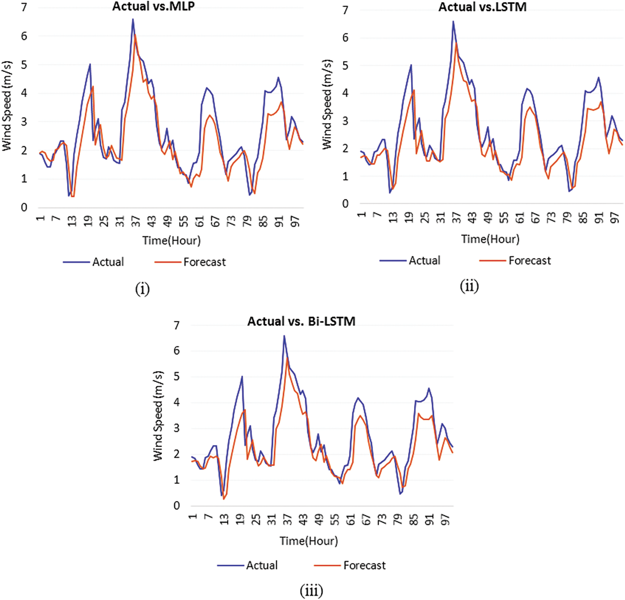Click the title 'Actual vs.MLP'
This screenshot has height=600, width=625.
pyautogui.click(x=153, y=7)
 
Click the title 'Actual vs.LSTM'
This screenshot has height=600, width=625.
pyautogui.click(x=482, y=7)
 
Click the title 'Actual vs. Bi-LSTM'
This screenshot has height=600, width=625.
pyautogui.click(x=301, y=321)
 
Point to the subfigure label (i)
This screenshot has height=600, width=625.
pyautogui.click(x=142, y=289)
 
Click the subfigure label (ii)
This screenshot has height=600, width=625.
pyautogui.click(x=469, y=286)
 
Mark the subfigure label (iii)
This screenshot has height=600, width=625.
pyautogui.click(x=311, y=590)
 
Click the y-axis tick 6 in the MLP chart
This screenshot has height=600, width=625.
pyautogui.click(x=24, y=36)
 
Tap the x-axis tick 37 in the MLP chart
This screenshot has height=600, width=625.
pyautogui.click(x=136, y=221)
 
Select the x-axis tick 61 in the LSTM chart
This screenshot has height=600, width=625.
pyautogui.click(x=520, y=218)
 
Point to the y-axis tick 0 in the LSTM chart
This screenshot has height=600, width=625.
pyautogui.click(x=345, y=204)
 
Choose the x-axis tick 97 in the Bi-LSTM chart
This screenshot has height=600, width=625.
pyautogui.click(x=445, y=519)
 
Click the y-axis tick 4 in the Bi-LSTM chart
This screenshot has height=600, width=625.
pyautogui.click(x=176, y=402)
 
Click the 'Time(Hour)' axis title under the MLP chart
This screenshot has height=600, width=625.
pyautogui.click(x=171, y=240)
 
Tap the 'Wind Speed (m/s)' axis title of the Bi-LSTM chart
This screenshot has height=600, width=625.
pyautogui.click(x=158, y=416)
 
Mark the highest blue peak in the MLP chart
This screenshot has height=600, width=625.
pyautogui.click(x=133, y=19)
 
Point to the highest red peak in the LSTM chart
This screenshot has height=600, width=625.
pyautogui.click(x=456, y=43)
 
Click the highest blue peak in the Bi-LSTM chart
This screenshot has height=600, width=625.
pyautogui.click(x=284, y=336)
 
